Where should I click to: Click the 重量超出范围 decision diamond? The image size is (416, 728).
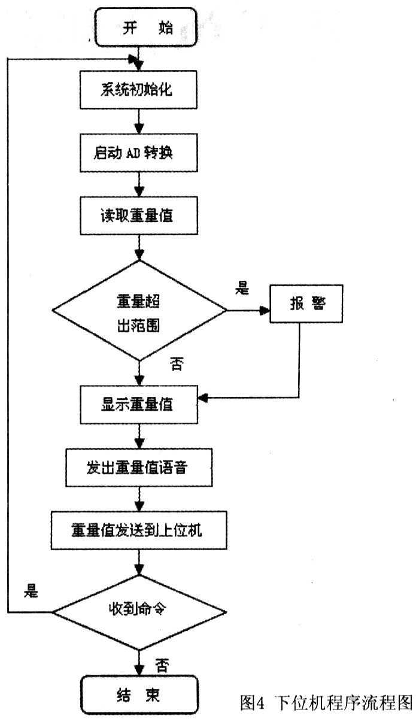coord(139,310)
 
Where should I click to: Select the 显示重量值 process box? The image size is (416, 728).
coord(139,404)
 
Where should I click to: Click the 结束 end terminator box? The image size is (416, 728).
coord(139,696)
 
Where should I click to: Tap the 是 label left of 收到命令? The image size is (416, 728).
coord(31,591)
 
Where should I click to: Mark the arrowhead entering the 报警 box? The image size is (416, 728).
coord(265,310)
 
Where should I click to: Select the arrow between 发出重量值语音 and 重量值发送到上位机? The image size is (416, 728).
coord(139,498)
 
